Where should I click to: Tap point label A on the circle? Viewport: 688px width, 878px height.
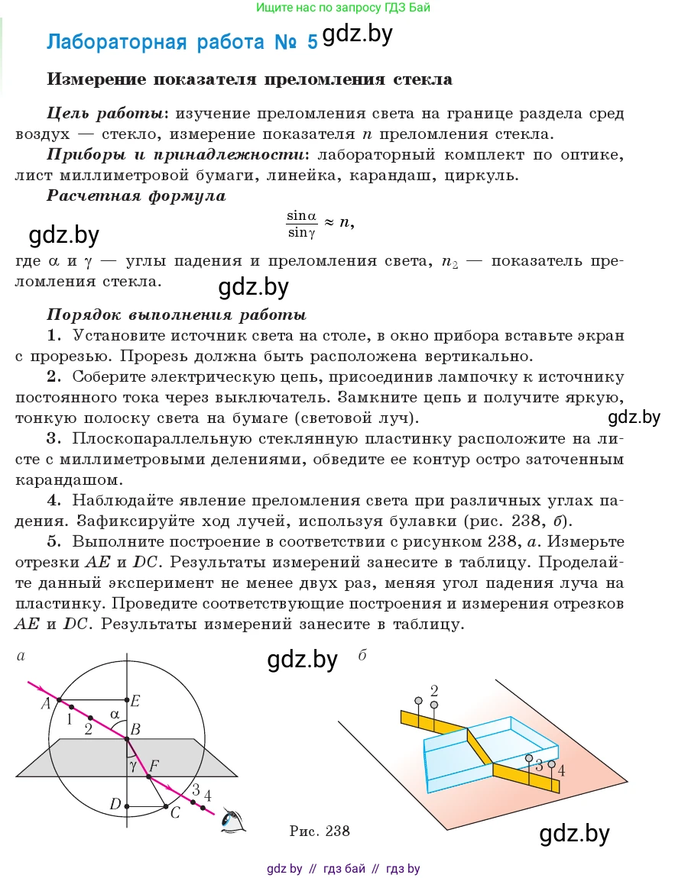46,702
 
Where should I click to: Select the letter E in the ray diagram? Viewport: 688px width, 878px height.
135,700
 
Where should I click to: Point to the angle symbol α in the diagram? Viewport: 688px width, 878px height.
115,715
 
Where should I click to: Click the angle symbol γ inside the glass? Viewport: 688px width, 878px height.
133,764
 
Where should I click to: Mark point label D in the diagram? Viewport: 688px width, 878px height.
115,804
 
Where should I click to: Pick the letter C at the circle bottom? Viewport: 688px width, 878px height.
175,813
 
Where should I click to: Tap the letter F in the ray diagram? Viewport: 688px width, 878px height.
154,765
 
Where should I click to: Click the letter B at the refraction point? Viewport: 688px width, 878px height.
135,730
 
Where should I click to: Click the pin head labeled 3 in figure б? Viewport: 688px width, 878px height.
529,758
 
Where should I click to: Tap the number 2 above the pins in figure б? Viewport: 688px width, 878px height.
434,689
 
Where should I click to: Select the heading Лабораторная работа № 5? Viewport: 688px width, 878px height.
181,42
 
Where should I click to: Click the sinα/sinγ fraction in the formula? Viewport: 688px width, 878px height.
301,224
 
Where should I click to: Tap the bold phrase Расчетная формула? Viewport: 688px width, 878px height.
136,195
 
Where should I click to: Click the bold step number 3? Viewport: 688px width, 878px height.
53,439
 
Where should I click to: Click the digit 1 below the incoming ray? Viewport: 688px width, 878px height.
70,718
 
